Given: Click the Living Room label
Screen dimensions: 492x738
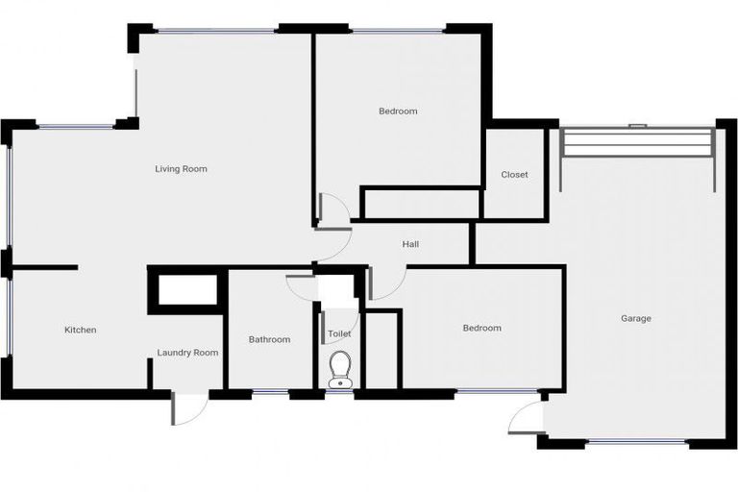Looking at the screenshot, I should (x=181, y=169).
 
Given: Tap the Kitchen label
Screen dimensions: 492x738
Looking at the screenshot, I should (x=80, y=330).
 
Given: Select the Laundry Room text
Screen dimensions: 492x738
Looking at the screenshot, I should (x=187, y=353).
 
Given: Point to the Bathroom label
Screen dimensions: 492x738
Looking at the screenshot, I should (x=269, y=339).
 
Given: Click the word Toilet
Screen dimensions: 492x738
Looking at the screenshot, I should (x=339, y=333).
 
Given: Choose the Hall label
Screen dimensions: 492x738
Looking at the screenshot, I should (x=410, y=244).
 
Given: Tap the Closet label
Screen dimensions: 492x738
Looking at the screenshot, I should (x=514, y=175).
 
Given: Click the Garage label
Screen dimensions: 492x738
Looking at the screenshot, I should (x=635, y=318).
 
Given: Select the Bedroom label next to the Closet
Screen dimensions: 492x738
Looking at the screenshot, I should (x=397, y=111).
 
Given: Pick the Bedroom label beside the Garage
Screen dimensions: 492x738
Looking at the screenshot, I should (x=481, y=328).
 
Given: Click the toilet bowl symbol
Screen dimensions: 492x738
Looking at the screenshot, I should (x=339, y=369).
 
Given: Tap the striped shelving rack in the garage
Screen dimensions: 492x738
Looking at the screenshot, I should (x=638, y=143).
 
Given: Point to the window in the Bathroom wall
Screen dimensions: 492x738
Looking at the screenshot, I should (x=270, y=392).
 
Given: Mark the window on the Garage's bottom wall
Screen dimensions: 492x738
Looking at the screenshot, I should (x=636, y=443).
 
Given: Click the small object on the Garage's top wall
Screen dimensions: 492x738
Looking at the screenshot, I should (x=635, y=125).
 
